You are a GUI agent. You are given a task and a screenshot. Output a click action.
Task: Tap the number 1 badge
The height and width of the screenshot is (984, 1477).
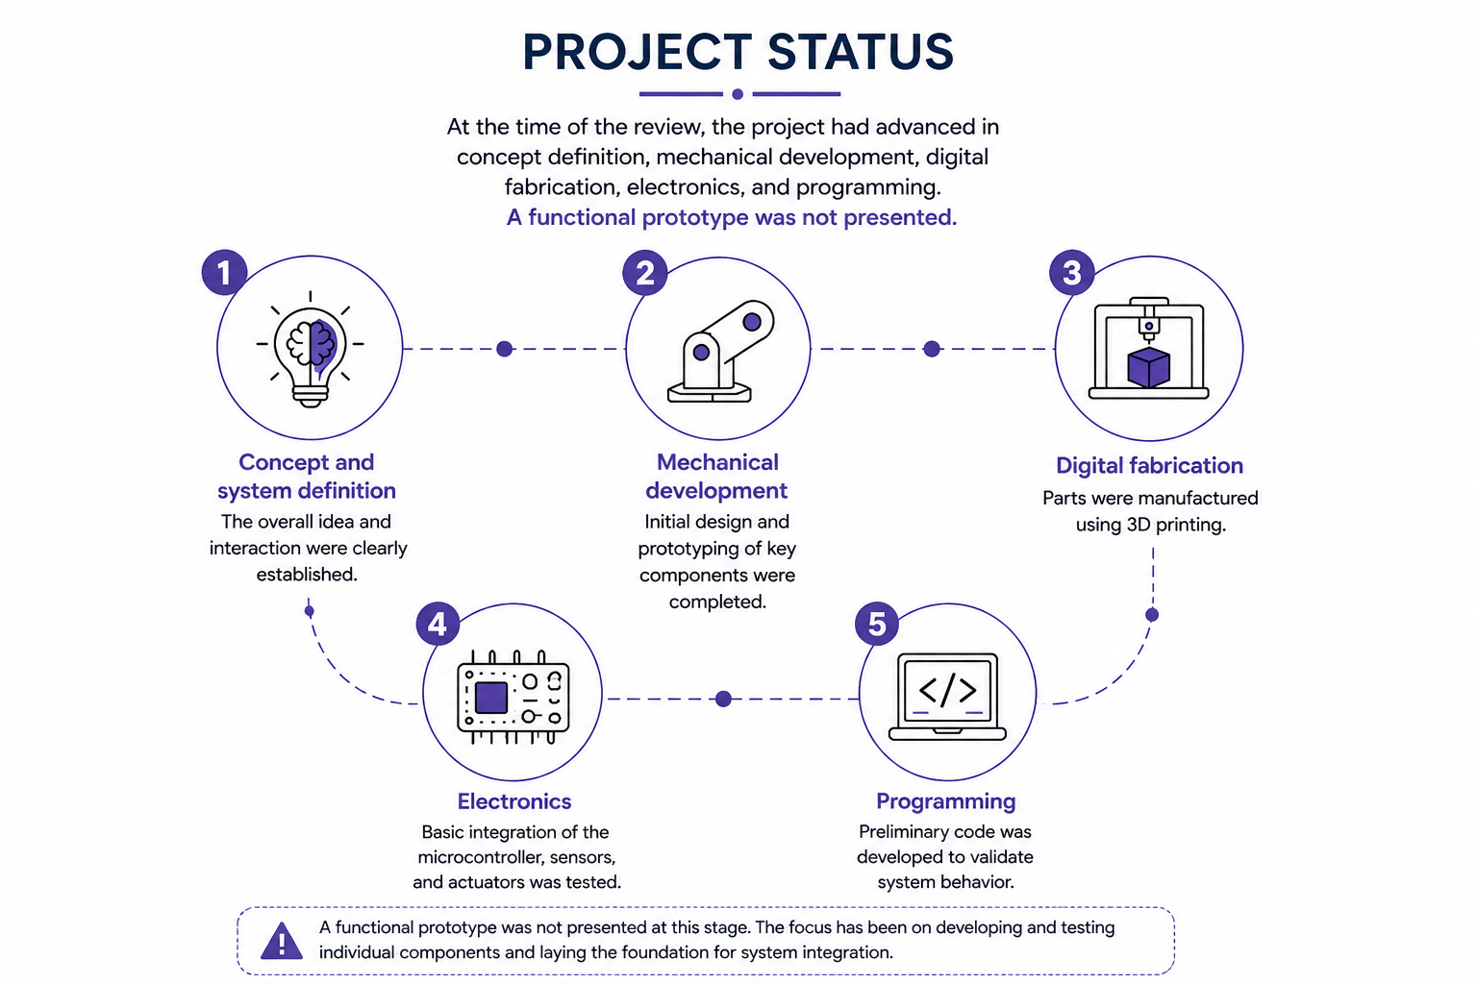[224, 272]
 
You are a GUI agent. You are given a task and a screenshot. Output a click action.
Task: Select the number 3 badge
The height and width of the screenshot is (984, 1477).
[1071, 272]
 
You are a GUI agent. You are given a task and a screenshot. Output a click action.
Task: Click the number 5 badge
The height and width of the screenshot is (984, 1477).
[877, 624]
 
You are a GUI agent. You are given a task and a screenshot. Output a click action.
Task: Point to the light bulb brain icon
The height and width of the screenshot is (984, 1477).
[310, 350]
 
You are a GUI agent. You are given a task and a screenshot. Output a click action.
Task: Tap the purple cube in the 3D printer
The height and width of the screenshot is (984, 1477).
[1149, 367]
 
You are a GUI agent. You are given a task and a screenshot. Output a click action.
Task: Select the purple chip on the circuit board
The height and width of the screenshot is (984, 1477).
[491, 698]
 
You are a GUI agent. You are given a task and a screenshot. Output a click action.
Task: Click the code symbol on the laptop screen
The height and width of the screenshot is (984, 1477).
[947, 690]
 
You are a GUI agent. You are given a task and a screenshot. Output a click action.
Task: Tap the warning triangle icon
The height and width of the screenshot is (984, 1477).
[282, 941]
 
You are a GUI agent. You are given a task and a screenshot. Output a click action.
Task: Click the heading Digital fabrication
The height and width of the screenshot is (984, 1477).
[1149, 465]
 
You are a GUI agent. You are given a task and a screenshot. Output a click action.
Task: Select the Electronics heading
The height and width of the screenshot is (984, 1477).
[514, 801]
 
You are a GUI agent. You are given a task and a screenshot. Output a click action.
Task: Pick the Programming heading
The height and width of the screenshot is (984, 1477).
[945, 801]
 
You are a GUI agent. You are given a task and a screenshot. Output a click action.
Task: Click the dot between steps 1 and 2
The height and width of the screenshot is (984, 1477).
[505, 349]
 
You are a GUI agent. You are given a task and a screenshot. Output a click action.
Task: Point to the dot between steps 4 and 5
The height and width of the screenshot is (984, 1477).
[723, 699]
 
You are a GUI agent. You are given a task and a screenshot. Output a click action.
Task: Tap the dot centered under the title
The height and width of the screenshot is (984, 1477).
[738, 94]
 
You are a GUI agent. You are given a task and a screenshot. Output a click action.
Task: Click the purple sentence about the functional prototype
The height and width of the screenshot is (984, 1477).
[731, 217]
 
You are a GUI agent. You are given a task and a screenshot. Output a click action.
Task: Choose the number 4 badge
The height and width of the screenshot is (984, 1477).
[438, 624]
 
